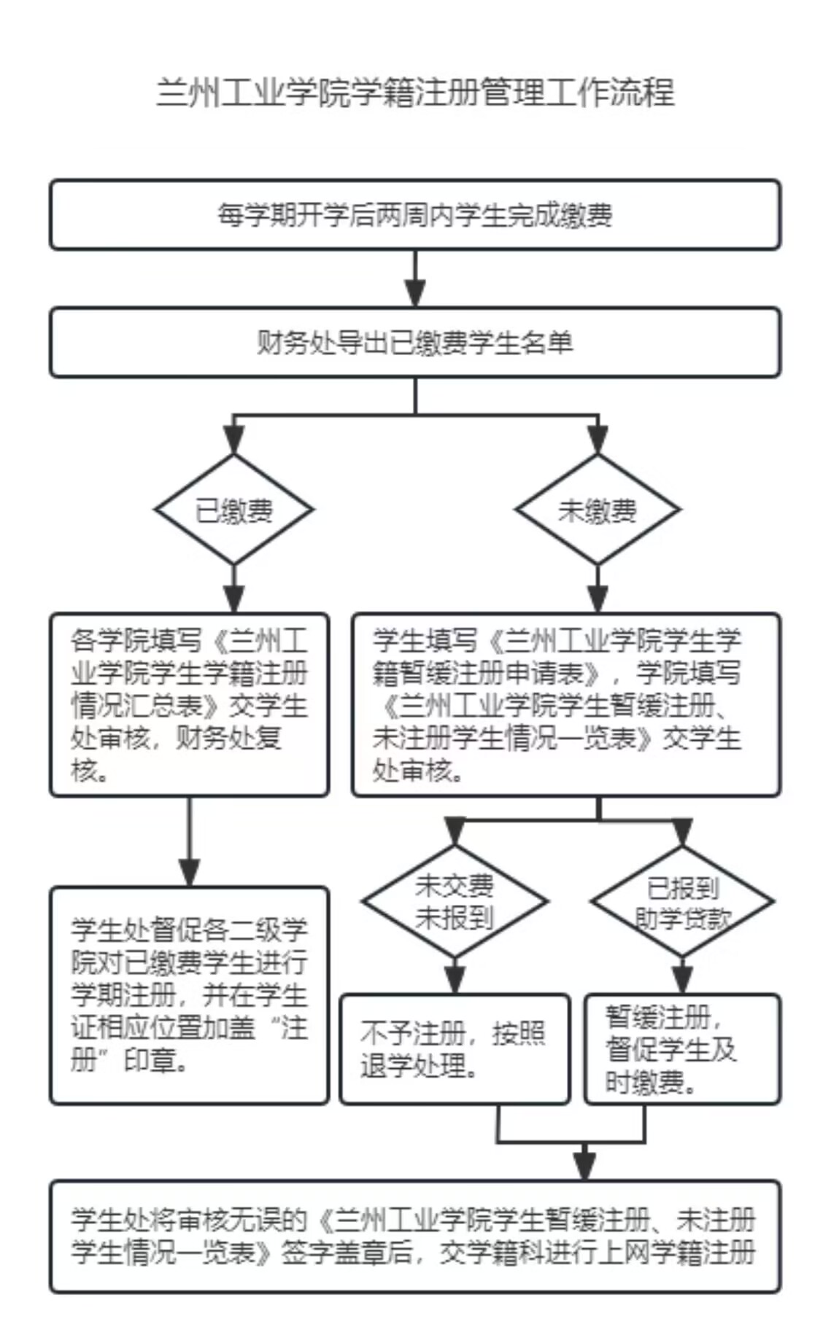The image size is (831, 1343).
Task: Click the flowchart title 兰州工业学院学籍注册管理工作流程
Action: click(x=415, y=93)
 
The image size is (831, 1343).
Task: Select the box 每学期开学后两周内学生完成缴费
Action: click(x=415, y=215)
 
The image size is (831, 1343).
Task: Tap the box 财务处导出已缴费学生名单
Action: click(x=415, y=343)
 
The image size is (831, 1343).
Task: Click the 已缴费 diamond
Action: click(x=233, y=510)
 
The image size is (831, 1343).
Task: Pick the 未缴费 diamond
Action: click(x=598, y=510)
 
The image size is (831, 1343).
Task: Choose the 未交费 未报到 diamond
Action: click(x=455, y=902)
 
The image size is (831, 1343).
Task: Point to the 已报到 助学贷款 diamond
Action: click(x=682, y=902)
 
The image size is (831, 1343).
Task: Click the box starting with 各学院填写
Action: click(x=189, y=704)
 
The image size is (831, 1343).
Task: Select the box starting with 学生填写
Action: click(x=566, y=704)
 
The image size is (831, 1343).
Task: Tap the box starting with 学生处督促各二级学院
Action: click(x=189, y=995)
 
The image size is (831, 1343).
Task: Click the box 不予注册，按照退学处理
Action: click(x=455, y=1049)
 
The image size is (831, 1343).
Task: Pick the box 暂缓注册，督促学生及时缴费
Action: click(x=682, y=1049)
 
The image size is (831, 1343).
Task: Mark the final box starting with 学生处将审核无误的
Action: click(x=415, y=1237)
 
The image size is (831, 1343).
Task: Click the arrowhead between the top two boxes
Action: click(x=415, y=295)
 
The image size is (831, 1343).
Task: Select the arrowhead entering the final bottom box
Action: click(x=584, y=1167)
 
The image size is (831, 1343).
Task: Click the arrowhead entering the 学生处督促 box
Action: click(x=189, y=873)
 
